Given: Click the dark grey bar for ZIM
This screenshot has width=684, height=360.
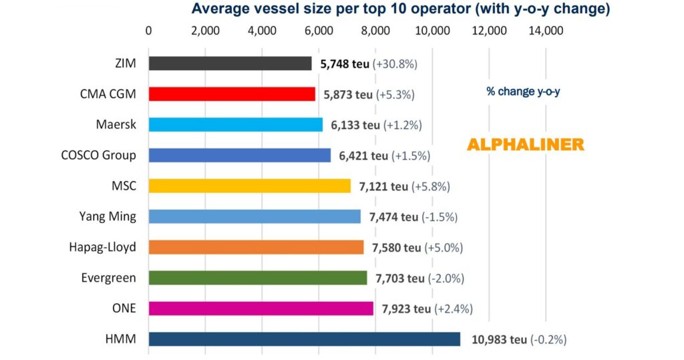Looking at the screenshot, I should click(230, 63).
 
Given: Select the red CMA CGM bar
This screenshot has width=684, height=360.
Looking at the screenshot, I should click(232, 94).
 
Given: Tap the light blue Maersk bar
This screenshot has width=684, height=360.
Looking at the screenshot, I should click(235, 125).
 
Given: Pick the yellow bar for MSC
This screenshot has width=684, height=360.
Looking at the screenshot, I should click(249, 186).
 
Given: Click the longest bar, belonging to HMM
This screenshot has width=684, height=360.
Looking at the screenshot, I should click(304, 339).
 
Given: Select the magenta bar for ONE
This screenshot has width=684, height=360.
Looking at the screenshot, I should click(261, 309).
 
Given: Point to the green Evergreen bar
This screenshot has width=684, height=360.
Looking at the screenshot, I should click(257, 278).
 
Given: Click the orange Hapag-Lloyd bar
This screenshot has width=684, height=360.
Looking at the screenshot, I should click(256, 247).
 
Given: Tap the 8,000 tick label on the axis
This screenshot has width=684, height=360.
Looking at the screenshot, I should click(375, 31).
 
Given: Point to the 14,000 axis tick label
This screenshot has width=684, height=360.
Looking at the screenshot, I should click(546, 31).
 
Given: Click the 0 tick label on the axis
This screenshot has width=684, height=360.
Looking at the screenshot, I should click(148, 31).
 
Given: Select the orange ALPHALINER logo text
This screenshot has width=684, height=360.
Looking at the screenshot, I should click(524, 145).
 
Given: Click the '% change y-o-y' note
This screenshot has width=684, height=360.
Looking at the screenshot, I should click(523, 92).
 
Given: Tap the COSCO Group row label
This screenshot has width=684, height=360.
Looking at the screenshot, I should click(98, 156).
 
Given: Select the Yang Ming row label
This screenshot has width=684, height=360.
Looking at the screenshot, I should click(108, 216).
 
